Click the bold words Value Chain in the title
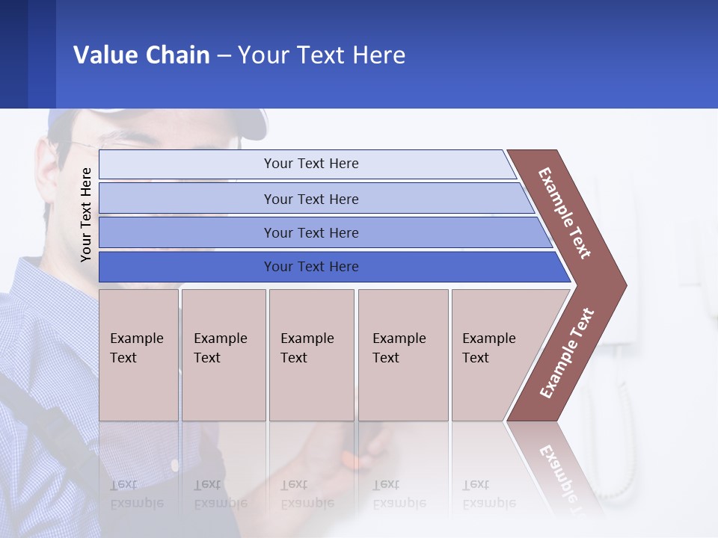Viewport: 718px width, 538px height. pyautogui.click(x=141, y=55)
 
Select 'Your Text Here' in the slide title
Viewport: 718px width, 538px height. pyautogui.click(x=322, y=55)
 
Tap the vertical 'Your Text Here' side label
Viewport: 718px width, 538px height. pyautogui.click(x=86, y=214)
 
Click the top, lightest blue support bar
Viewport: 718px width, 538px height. pyautogui.click(x=311, y=164)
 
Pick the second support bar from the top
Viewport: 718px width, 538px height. pyautogui.click(x=311, y=199)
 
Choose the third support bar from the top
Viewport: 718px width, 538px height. pyautogui.click(x=311, y=232)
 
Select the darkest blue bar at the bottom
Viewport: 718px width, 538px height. pyautogui.click(x=311, y=267)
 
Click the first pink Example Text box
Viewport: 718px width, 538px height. pyautogui.click(x=138, y=355)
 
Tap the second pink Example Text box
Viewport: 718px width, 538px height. pyautogui.click(x=223, y=355)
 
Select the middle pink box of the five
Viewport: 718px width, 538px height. pyautogui.click(x=311, y=355)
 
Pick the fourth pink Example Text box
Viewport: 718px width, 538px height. pyautogui.click(x=403, y=355)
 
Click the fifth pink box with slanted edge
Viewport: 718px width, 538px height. pyautogui.click(x=494, y=355)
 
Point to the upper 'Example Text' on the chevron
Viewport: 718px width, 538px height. pyautogui.click(x=565, y=213)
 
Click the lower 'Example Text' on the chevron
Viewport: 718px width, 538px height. pyautogui.click(x=567, y=353)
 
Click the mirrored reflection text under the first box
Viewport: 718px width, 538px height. pyautogui.click(x=137, y=494)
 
